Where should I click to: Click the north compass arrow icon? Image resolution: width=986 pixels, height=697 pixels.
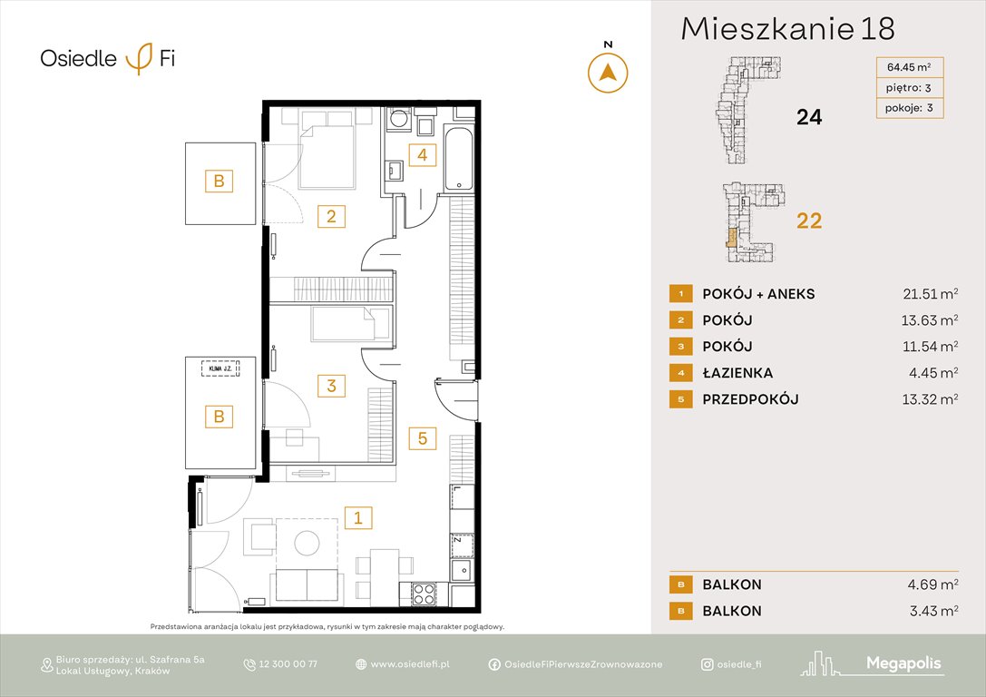coord(609,72)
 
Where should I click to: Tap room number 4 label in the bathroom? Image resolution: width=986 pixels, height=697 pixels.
coord(421,154)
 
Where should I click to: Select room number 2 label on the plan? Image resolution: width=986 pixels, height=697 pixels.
coord(331,216)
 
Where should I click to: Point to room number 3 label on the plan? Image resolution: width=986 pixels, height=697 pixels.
coord(331,386)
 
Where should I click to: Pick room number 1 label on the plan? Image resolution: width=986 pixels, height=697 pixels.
coord(358,518)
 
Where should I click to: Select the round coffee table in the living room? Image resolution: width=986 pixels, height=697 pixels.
coord(306,543)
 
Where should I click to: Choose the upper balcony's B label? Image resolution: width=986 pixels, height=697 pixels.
coord(219,181)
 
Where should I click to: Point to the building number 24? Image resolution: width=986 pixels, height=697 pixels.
coord(808,116)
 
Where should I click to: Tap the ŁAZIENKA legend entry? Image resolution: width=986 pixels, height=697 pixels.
coord(737,373)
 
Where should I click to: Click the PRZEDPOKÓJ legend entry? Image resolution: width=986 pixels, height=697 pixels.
coord(750,399)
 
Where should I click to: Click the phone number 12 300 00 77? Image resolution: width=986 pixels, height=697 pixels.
coord(288,664)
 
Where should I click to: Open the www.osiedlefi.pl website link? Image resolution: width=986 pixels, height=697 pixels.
coord(410,664)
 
